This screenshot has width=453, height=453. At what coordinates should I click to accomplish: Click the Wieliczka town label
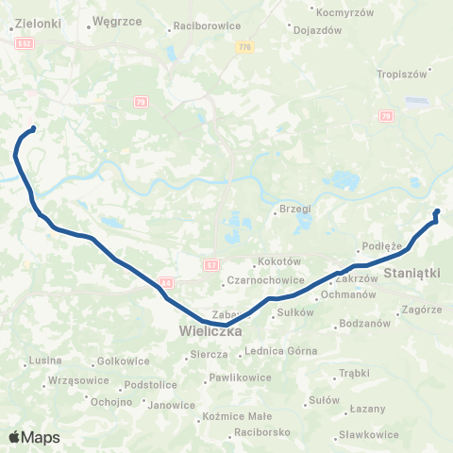[210, 332]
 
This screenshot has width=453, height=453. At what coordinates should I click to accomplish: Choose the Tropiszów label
[403, 74]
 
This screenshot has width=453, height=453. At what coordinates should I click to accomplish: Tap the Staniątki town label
[412, 272]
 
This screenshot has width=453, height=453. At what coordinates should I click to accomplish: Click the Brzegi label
[295, 209]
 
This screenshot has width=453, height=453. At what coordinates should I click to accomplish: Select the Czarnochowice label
[254, 280]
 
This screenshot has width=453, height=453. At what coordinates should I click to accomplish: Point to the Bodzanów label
[366, 324]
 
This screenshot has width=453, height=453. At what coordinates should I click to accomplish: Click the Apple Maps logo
[34, 437]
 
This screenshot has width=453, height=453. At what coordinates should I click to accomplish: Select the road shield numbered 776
[245, 46]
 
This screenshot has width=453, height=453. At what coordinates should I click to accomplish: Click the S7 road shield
[211, 266]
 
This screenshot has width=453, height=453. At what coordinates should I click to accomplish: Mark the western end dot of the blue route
[33, 128]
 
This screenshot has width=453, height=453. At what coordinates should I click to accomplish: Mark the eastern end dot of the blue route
[436, 211]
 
